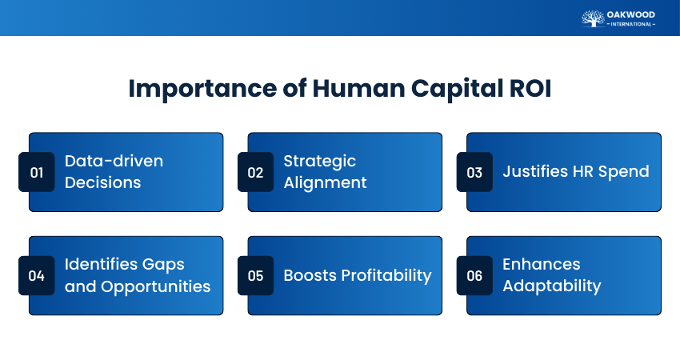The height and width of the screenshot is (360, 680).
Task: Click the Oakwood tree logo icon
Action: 593,18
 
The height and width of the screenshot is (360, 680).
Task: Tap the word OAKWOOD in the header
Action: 630,14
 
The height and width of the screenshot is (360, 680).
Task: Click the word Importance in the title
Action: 203,89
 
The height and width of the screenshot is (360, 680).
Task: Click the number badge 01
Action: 37,172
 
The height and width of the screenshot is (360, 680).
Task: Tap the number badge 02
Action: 255,172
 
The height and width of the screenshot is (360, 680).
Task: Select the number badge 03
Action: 474,172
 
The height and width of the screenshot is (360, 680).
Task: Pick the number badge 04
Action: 37,275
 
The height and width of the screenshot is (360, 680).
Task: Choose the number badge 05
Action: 255,275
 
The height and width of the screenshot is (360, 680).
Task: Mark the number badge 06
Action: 474,275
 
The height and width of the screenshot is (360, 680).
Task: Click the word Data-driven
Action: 114,161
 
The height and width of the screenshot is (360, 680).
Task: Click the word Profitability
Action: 386,276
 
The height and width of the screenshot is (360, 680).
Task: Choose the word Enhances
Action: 542,264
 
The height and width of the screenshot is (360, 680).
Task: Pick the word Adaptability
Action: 552,286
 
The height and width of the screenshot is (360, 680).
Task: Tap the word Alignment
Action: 326,183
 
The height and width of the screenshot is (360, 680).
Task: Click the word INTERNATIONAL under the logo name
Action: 631,24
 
